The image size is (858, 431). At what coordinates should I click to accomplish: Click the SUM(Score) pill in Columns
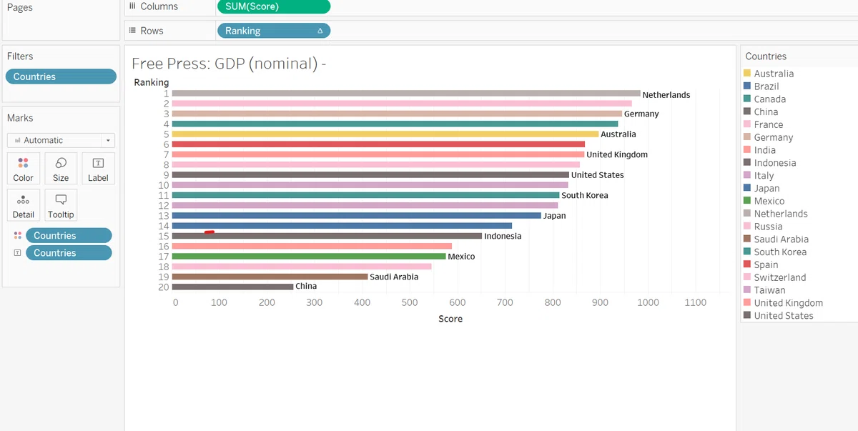(x=273, y=6)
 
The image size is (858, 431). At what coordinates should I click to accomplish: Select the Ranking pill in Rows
(x=273, y=31)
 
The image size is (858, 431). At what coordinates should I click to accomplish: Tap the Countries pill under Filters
(x=61, y=76)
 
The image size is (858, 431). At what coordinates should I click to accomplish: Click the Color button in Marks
(x=23, y=169)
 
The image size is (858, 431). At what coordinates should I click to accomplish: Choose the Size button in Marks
(x=61, y=169)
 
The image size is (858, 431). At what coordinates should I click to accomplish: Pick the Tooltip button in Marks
(x=61, y=205)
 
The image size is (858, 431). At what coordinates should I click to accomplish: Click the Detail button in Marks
(x=23, y=205)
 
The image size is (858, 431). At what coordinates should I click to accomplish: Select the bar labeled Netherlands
(x=406, y=94)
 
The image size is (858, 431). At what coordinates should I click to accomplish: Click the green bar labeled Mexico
(x=309, y=257)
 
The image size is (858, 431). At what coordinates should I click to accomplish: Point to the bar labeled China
(x=232, y=287)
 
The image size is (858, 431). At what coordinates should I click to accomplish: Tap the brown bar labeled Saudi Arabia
(x=270, y=277)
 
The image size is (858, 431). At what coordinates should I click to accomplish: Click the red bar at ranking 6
(x=378, y=144)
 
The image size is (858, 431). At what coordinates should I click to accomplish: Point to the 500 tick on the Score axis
(x=410, y=302)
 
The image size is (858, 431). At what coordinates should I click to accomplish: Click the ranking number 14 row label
(x=164, y=226)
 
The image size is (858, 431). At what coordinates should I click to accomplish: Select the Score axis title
(x=450, y=319)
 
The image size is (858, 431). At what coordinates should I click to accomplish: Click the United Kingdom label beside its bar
(x=617, y=154)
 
